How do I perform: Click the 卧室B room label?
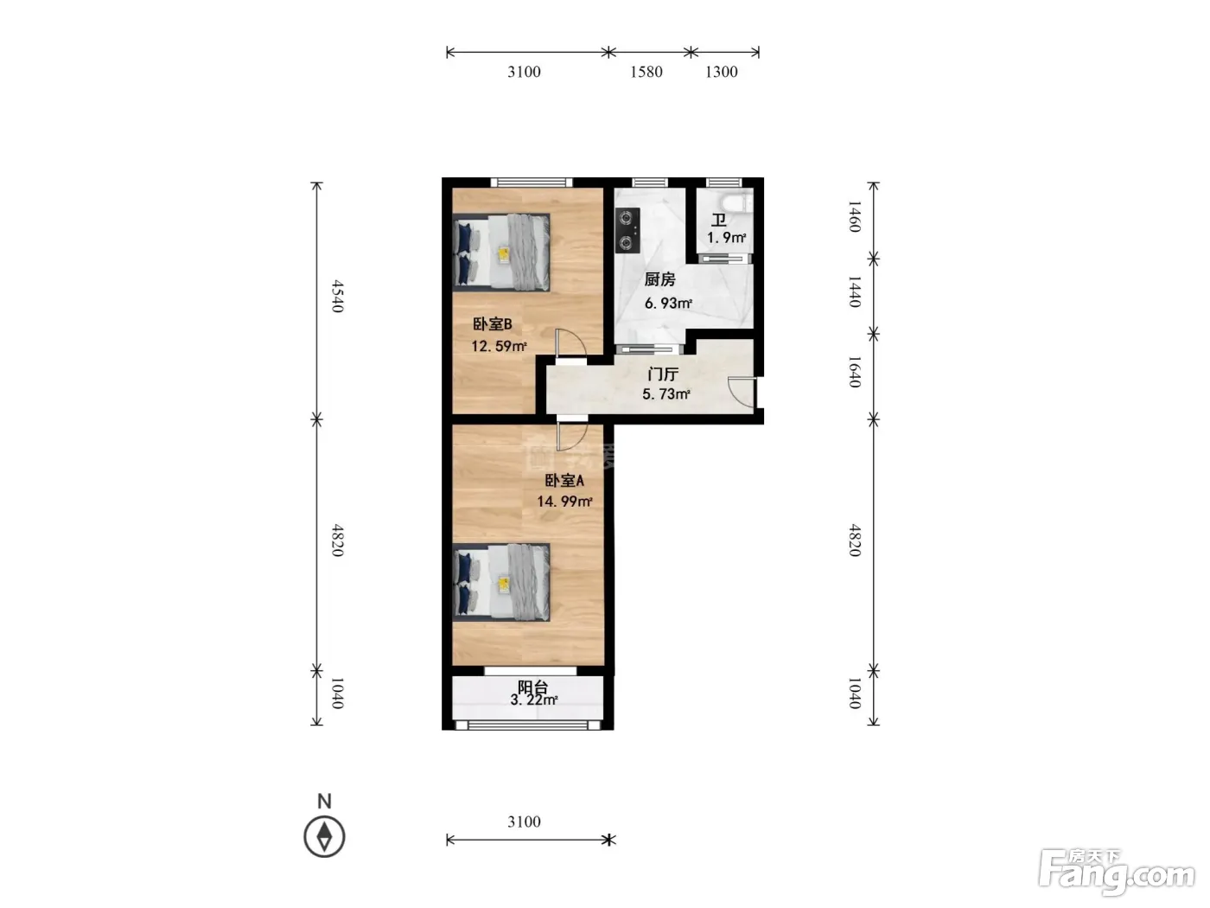pyautogui.click(x=493, y=323)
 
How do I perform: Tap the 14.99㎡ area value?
pyautogui.click(x=564, y=502)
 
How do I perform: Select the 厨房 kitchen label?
pyautogui.click(x=659, y=279)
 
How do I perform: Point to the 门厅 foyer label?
pyautogui.click(x=663, y=374)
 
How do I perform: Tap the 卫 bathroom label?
pyautogui.click(x=719, y=221)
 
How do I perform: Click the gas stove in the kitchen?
pyautogui.click(x=627, y=230)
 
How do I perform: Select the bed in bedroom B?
pyautogui.click(x=501, y=252)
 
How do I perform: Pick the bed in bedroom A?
pyautogui.click(x=501, y=583)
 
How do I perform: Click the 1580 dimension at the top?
pyautogui.click(x=646, y=72)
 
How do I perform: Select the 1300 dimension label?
pyautogui.click(x=722, y=72)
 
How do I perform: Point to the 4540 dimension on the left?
pyautogui.click(x=337, y=296)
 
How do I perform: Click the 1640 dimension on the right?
pyautogui.click(x=854, y=372)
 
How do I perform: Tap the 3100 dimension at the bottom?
pyautogui.click(x=524, y=822)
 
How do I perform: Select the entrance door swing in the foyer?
pyautogui.click(x=742, y=393)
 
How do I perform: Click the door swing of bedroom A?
pyautogui.click(x=572, y=437)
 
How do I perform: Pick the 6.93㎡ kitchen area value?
pyautogui.click(x=668, y=303)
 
